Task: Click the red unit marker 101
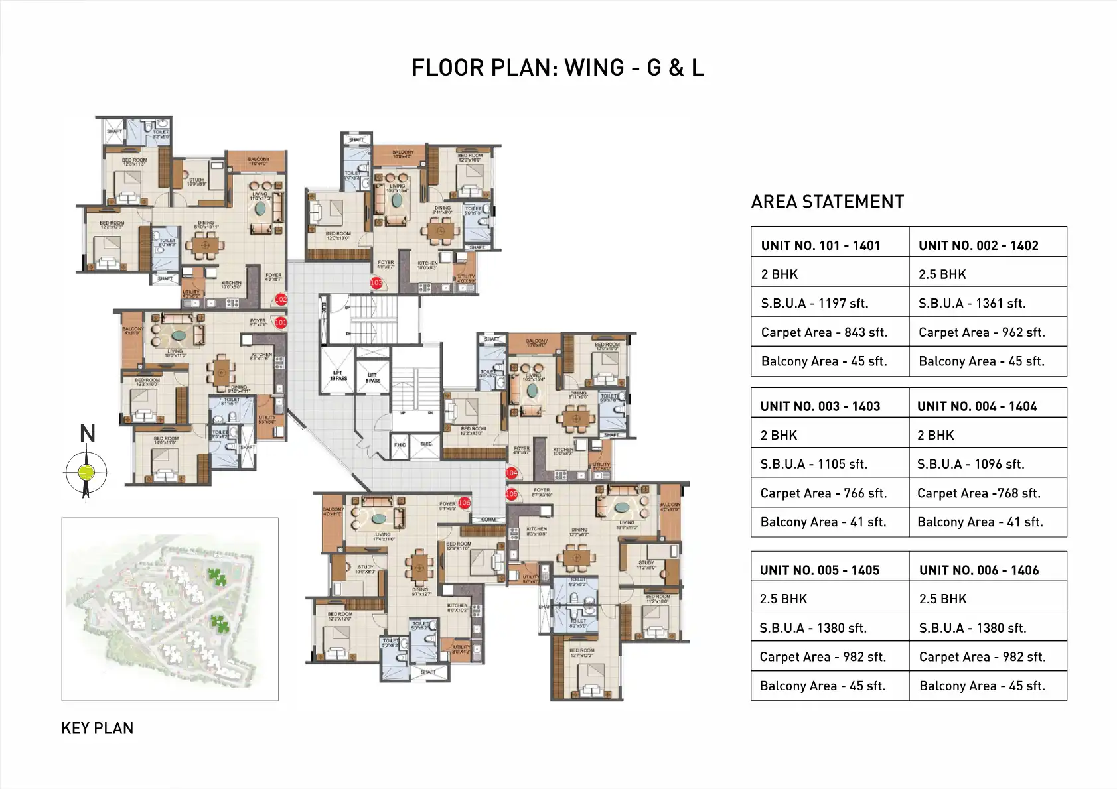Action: (281, 322)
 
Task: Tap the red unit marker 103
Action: (376, 283)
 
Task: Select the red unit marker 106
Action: (464, 503)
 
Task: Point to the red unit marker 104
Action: (512, 473)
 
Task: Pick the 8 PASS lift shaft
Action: (373, 377)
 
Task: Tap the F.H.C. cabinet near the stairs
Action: (400, 445)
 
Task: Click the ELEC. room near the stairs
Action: (425, 444)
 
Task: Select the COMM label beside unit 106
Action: (488, 519)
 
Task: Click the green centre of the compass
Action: (86, 472)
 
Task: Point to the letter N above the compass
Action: (88, 434)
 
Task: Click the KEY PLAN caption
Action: (97, 728)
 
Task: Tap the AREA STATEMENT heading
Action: (827, 202)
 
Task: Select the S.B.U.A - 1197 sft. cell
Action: (814, 303)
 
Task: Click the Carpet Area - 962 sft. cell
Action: (982, 332)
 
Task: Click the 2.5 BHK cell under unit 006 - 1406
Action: (943, 599)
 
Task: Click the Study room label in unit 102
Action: (197, 182)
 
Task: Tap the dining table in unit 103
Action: (439, 231)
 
